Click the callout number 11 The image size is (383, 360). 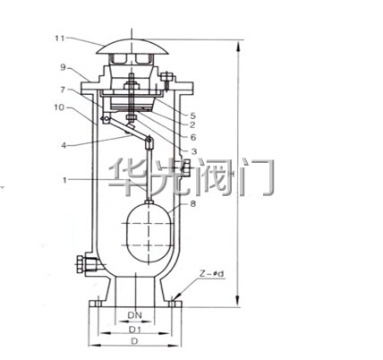pyautogui.click(x=60, y=39)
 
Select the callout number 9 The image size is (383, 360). pyautogui.click(x=63, y=67)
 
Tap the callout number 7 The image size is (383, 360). pyautogui.click(x=63, y=90)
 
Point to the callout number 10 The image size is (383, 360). pyautogui.click(x=59, y=107)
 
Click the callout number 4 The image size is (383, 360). pyautogui.click(x=64, y=145)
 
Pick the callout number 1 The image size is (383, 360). pyautogui.click(x=64, y=180)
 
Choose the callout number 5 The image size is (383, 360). pyautogui.click(x=192, y=116)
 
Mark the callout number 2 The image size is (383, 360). pyautogui.click(x=192, y=124)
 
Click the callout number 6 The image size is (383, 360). pyautogui.click(x=193, y=137)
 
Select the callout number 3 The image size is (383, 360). pyautogui.click(x=194, y=151)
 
